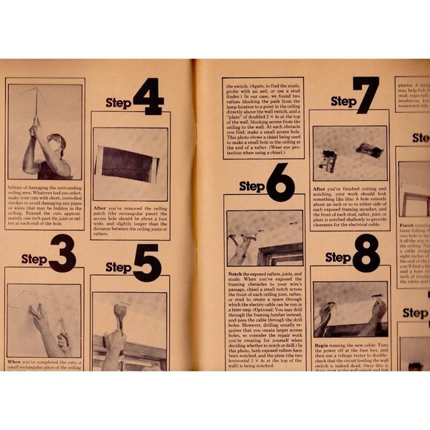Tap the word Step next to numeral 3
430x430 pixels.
click(x=33, y=259)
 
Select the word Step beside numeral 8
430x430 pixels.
click(x=338, y=258)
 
